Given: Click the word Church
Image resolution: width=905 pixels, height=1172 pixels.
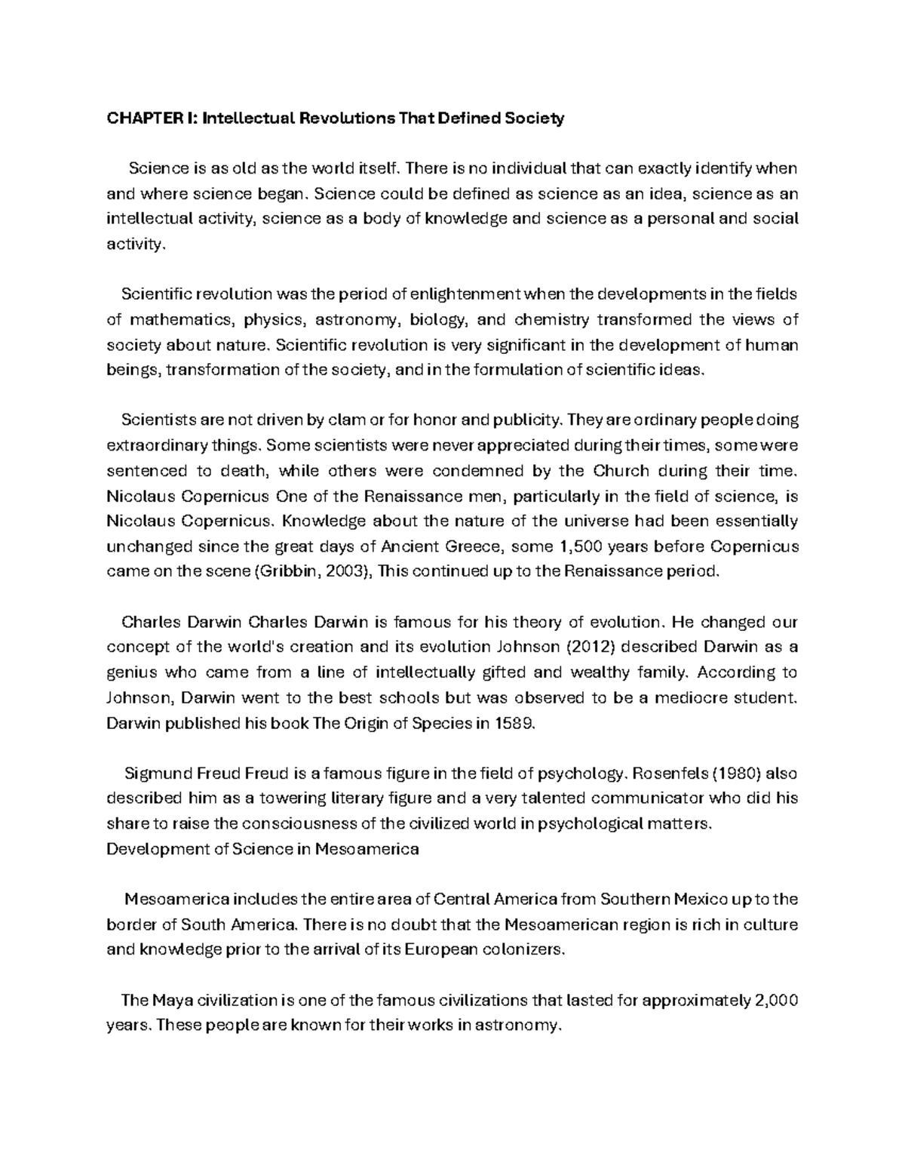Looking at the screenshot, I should point(621,471).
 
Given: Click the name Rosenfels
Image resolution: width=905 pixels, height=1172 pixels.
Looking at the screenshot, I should point(666,774).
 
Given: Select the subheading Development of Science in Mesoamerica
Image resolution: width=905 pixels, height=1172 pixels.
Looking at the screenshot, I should point(262,849).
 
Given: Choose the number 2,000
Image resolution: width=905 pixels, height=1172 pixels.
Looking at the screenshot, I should point(775,1001).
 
